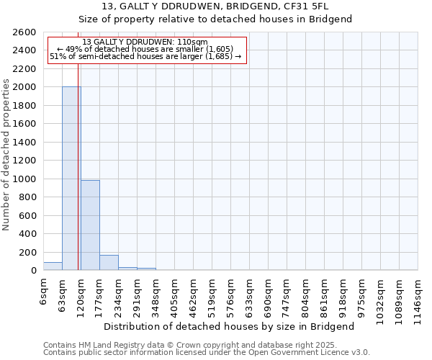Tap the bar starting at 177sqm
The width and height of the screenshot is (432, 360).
coord(109,263)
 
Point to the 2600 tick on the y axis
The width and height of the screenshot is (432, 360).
coord(24,32)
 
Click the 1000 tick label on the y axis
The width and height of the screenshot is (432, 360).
coord(24,179)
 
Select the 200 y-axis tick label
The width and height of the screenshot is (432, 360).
coord(27,253)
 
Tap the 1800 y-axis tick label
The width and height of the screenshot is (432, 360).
coord(24,106)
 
